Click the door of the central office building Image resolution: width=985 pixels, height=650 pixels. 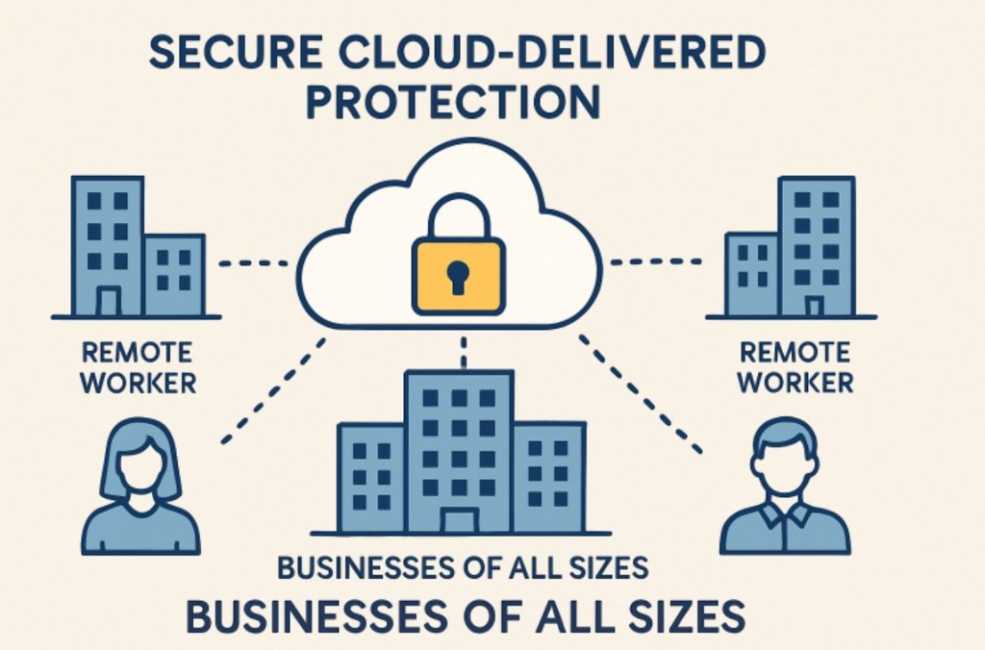[459, 520]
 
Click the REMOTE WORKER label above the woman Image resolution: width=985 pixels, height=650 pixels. [137, 367]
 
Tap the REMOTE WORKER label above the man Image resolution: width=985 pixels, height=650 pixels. [795, 367]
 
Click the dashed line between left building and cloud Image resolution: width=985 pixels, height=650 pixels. [254, 262]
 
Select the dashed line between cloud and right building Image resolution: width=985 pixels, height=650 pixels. [654, 262]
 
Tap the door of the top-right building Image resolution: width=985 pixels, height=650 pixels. [814, 306]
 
